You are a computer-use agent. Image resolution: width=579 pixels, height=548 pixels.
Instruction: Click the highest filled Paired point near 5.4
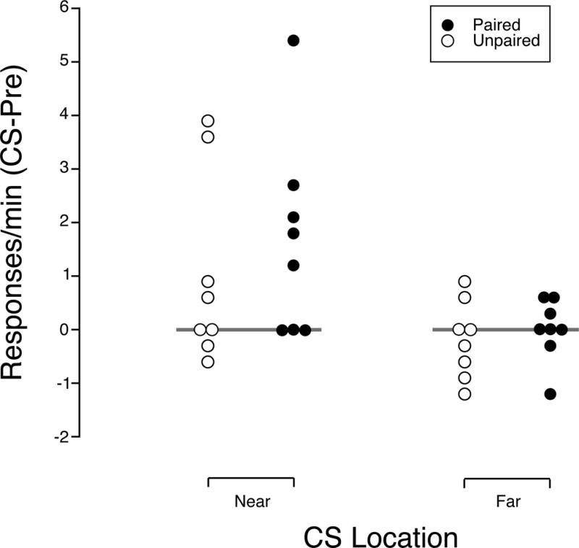coord(293,41)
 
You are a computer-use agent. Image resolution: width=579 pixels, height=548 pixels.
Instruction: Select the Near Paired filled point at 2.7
coord(293,185)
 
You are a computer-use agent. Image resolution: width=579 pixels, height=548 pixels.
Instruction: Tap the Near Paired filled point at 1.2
coord(293,265)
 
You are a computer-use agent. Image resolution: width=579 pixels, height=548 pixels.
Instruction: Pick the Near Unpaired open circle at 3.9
coord(208,121)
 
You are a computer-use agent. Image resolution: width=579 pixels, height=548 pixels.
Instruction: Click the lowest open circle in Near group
coord(208,362)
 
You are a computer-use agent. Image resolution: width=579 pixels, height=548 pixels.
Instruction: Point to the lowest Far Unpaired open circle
coord(465,394)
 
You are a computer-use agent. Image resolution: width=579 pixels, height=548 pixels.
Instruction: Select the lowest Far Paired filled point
coord(550,394)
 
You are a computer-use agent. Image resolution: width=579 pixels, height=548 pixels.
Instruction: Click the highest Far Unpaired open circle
coord(465,282)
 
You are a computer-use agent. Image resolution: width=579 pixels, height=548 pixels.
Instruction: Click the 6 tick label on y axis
coord(63,8)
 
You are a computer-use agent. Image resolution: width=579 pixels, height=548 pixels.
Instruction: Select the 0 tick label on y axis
coord(63,329)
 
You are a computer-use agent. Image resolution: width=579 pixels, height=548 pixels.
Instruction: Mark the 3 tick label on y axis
coord(63,169)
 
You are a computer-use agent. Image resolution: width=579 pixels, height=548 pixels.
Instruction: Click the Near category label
coord(250,501)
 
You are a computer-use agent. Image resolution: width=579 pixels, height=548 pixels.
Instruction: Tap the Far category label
coord(507,501)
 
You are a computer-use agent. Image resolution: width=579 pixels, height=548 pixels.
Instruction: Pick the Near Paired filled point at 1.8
coord(293,233)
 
